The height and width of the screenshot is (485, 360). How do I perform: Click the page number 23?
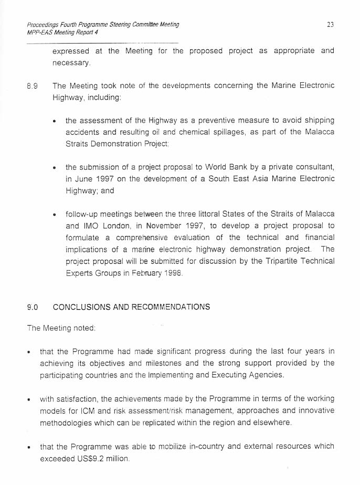pyautogui.click(x=330, y=24)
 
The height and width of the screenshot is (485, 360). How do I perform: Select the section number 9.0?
pyautogui.click(x=32, y=307)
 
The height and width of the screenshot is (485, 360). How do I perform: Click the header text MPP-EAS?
pyautogui.click(x=40, y=33)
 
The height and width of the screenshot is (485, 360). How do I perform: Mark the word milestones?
pyautogui.click(x=162, y=363)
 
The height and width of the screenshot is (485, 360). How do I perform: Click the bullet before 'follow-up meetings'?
pyautogui.click(x=55, y=215)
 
